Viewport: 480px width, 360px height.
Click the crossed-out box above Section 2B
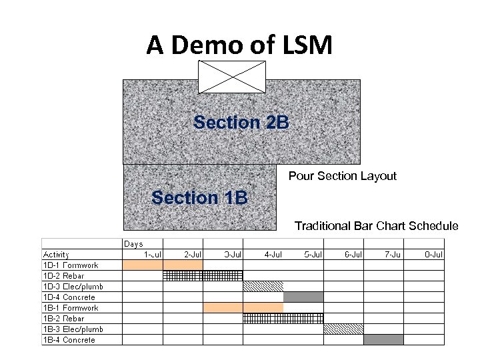tap(231, 77)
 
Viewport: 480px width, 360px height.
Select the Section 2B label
tap(241, 123)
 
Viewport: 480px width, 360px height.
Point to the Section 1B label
tap(199, 198)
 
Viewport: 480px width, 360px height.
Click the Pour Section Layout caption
tap(342, 176)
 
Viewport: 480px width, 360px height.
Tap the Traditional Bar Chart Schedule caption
tap(376, 226)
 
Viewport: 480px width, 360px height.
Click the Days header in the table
tap(133, 244)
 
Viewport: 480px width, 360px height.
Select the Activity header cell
tap(56, 254)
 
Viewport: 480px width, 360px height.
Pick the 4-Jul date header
tap(273, 254)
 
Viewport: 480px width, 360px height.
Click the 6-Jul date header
tap(353, 254)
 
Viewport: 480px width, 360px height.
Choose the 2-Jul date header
tap(193, 254)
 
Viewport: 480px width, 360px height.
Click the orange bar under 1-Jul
tap(142, 265)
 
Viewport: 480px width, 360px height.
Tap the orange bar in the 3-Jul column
tap(223, 307)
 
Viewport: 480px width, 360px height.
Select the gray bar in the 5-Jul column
tap(303, 297)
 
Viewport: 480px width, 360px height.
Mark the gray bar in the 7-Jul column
tap(383, 339)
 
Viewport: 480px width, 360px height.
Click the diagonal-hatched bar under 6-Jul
tap(343, 329)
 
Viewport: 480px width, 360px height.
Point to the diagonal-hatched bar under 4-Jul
tap(263, 286)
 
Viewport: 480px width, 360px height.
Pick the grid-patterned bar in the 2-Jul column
tap(183, 275)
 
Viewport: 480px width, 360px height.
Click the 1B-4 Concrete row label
tap(69, 340)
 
